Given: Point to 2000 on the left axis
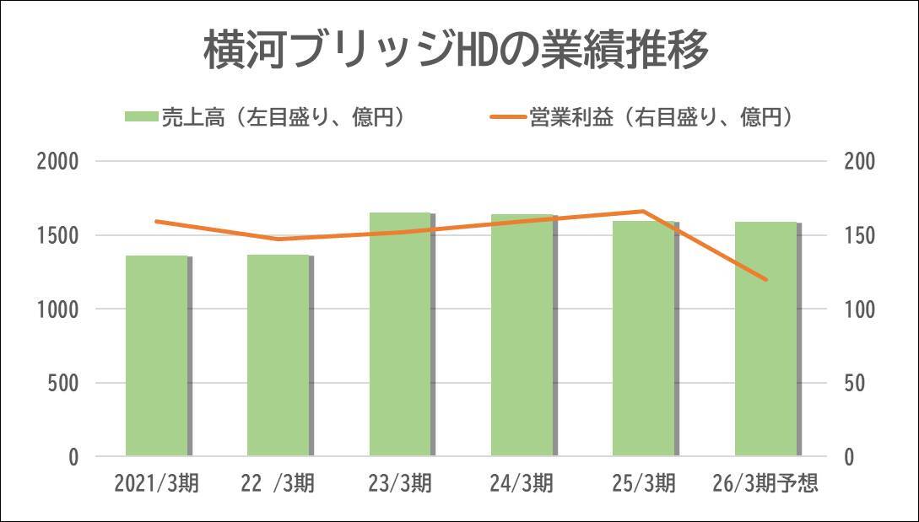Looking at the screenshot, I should (x=58, y=162).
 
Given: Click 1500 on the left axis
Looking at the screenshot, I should (x=58, y=235).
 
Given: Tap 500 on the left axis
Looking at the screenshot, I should (x=63, y=383).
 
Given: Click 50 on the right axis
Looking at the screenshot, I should (x=854, y=383).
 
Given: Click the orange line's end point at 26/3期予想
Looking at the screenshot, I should (x=766, y=279).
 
